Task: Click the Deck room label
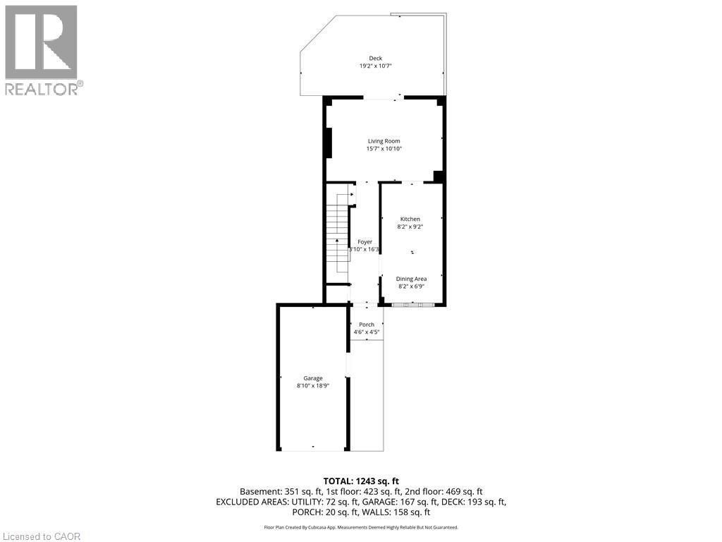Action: (375, 59)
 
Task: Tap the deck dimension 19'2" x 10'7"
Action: (375, 66)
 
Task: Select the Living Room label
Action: (384, 141)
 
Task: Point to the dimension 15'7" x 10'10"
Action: (384, 149)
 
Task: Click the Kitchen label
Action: (410, 219)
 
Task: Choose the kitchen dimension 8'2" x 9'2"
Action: (410, 227)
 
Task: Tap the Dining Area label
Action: (411, 279)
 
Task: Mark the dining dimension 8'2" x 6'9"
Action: (411, 287)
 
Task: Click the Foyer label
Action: (365, 242)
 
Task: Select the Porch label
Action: (367, 325)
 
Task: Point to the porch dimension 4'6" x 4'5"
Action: (367, 332)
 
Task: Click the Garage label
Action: (313, 378)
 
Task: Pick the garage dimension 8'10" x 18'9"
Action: (313, 386)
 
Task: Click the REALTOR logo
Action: (42, 50)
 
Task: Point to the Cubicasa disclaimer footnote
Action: (361, 527)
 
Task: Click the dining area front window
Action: (412, 305)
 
